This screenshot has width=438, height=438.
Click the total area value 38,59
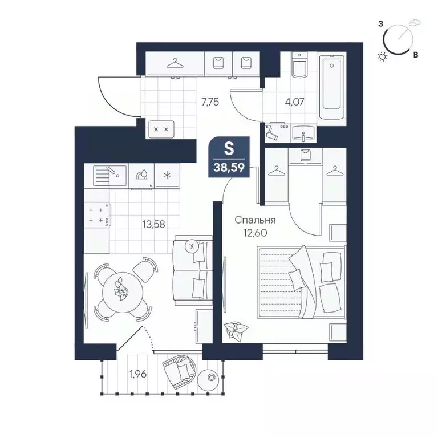coord(229,167)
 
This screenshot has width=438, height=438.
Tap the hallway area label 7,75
coord(210,102)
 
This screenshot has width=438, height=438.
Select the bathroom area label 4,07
coord(294,102)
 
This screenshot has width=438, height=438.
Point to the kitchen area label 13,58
coord(153,224)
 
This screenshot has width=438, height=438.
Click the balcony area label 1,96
coord(138,374)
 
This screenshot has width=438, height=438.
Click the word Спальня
coord(255,220)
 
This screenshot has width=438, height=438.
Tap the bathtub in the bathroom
coord(332,88)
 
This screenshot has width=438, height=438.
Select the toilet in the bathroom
coord(299,65)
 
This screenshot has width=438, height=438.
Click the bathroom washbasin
coord(303,133)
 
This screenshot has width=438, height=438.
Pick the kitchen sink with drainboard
coord(109,176)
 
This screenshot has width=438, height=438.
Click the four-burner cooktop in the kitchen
coord(96,215)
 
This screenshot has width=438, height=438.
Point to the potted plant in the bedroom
coord(236,330)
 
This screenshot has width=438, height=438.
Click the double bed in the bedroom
coord(302,282)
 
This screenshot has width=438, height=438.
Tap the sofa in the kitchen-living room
coord(193,270)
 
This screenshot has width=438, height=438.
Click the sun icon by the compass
coord(382,57)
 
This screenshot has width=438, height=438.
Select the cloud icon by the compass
coord(415,23)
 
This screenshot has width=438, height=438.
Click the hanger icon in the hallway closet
coord(175,63)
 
